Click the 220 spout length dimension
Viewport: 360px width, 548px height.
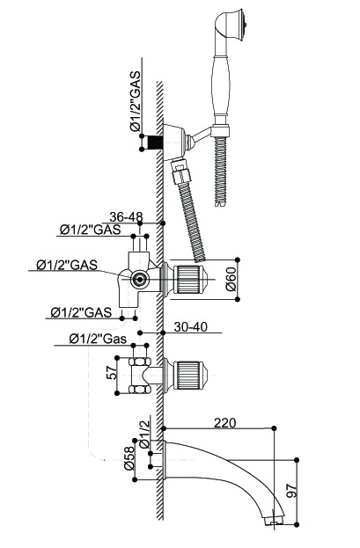225,423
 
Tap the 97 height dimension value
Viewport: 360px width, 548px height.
291,490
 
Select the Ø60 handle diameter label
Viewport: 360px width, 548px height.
231,280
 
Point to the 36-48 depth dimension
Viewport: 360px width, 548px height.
126,217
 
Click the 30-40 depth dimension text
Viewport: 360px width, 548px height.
191,327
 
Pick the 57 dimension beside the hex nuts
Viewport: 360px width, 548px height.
111,373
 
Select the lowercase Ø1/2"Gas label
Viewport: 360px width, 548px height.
98,339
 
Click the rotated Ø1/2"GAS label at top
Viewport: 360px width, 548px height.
135,101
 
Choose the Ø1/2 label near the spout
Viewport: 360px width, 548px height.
144,434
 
